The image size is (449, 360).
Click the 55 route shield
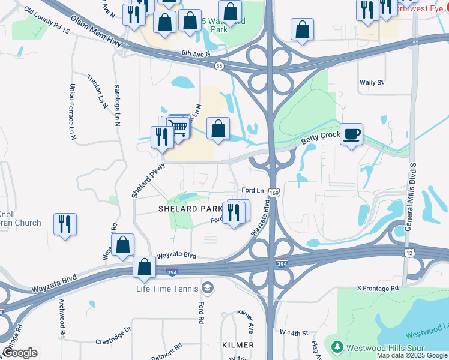coord(221,67)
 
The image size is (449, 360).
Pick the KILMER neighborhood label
coord(237,344)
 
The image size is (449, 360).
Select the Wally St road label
coord(371,82)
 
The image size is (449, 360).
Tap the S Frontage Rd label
coord(378,289)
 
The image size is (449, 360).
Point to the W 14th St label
coord(294,332)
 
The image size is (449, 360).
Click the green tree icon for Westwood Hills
coord(337,346)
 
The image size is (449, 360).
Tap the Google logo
coord(20,353)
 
